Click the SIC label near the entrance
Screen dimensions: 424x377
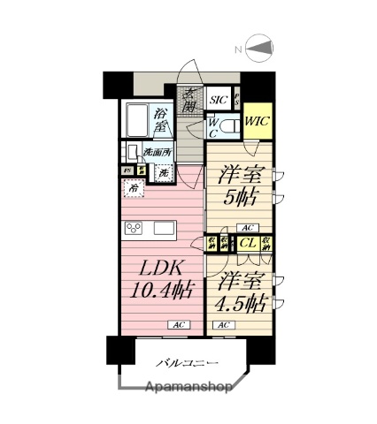click(219, 101)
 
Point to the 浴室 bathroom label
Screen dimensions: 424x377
click(160, 120)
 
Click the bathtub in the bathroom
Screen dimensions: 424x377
click(136, 120)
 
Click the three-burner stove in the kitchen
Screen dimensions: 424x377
click(135, 230)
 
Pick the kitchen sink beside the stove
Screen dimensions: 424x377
click(165, 229)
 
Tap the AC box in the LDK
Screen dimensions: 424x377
click(178, 326)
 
